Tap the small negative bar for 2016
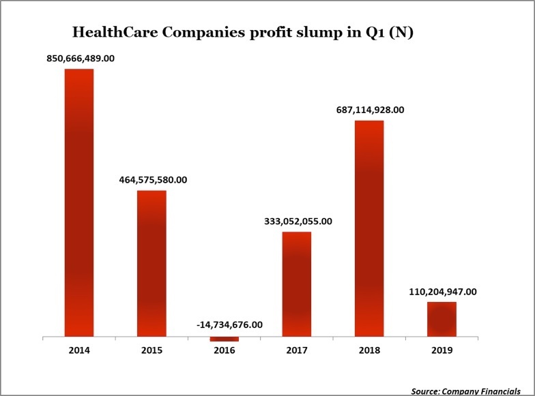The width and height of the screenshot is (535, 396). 224,339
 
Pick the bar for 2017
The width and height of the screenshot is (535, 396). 297,284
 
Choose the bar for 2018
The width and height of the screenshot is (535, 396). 369,228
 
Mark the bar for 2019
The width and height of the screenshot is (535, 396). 442,319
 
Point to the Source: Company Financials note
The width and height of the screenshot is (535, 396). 471,391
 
